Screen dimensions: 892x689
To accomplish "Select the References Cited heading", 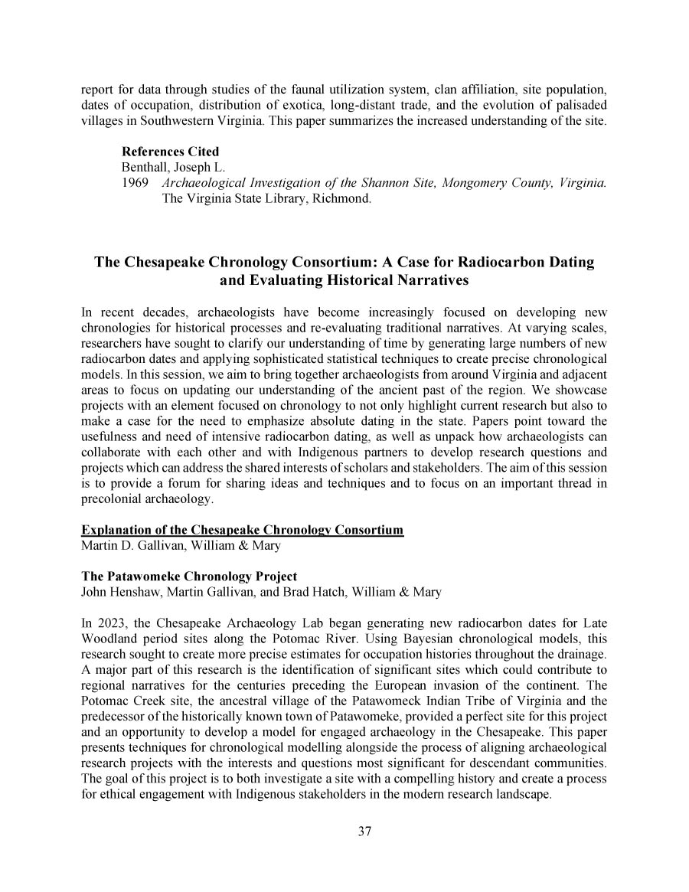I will pyautogui.click(x=170, y=152).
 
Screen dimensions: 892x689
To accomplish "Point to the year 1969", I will pyautogui.click(x=135, y=184).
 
